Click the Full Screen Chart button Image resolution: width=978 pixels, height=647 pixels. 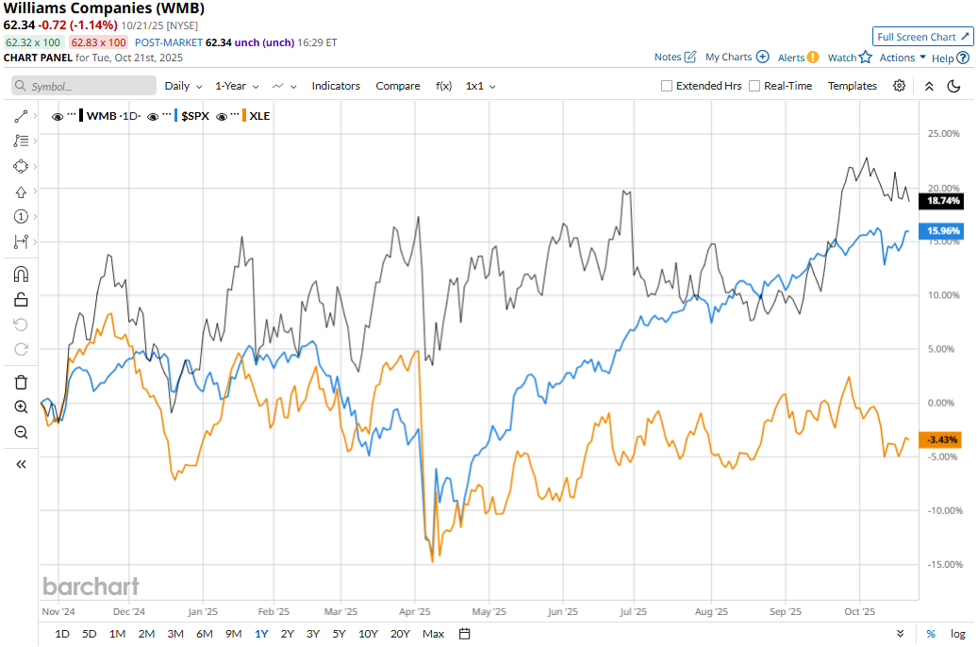tap(922, 37)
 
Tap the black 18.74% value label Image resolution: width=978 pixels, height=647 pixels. tap(943, 201)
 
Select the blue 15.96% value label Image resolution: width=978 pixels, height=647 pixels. tap(943, 230)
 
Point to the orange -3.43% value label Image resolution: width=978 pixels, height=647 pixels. tap(943, 440)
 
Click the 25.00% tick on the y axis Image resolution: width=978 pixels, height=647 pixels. tap(943, 134)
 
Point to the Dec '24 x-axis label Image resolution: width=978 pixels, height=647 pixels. tap(127, 610)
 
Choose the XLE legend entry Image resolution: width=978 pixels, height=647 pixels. tap(259, 116)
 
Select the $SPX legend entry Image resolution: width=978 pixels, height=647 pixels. tap(195, 116)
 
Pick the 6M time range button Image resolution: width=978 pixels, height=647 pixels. tap(205, 634)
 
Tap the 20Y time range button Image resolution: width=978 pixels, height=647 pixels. tap(400, 634)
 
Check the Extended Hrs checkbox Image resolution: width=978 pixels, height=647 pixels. tap(667, 86)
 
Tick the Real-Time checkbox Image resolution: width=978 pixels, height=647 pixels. tap(754, 86)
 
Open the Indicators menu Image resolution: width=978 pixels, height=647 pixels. tap(336, 86)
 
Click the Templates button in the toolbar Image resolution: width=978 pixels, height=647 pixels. tap(853, 86)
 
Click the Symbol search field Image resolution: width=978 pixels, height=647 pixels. tap(85, 86)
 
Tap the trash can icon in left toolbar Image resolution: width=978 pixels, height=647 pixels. tap(21, 382)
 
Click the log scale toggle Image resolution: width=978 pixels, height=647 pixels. tap(957, 634)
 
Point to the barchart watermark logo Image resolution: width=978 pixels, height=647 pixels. tap(91, 587)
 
